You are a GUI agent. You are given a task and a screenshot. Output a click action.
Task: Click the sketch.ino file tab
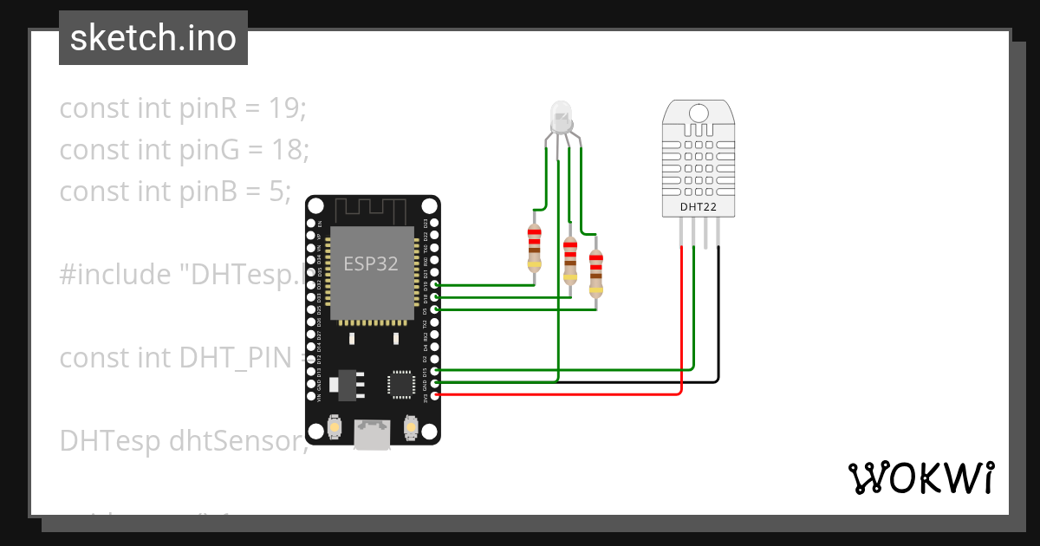(x=153, y=38)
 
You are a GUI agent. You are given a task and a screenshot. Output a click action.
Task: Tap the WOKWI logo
(x=920, y=478)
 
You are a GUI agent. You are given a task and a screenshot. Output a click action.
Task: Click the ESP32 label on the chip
(x=371, y=263)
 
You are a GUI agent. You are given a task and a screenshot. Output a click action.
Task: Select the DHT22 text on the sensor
(x=698, y=208)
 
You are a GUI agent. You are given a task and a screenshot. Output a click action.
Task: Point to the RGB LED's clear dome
(x=561, y=114)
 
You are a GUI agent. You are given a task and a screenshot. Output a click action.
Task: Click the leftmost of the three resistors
(x=534, y=248)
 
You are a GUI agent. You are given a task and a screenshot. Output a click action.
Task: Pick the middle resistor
(x=569, y=260)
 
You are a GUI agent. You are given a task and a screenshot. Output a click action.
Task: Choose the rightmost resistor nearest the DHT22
(x=595, y=273)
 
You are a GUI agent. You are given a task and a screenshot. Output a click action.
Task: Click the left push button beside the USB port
(x=335, y=427)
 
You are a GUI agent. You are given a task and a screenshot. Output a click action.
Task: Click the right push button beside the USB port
(x=411, y=427)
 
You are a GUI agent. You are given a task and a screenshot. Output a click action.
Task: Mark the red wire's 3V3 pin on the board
(x=435, y=395)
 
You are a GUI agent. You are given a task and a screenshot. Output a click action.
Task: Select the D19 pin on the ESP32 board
(x=435, y=284)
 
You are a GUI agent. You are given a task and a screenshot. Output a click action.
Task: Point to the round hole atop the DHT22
(x=698, y=112)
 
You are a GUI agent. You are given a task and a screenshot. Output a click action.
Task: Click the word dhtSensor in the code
(x=237, y=441)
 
